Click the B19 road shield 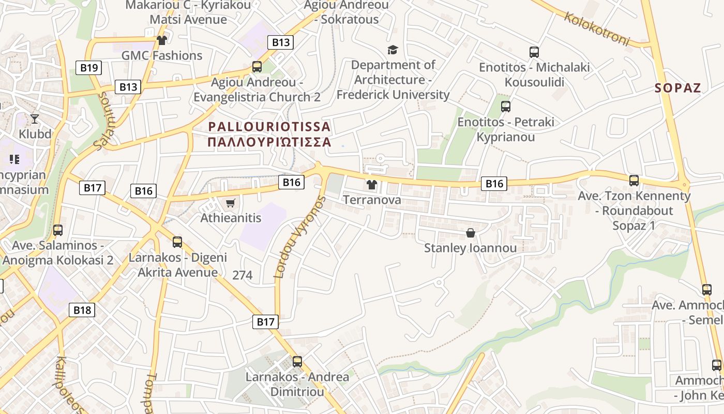[89, 68]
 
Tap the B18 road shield [82, 310]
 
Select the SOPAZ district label [677, 88]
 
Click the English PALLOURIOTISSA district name [269, 127]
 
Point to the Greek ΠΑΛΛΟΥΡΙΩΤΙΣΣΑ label [269, 142]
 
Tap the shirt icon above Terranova [371, 184]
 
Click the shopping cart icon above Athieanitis [230, 203]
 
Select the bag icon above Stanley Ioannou [470, 233]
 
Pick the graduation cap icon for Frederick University [393, 50]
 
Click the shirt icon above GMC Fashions [162, 40]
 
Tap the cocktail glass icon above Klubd [35, 119]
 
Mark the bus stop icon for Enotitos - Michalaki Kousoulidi [534, 52]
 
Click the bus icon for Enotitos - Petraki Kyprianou [506, 107]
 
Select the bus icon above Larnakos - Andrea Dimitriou [297, 362]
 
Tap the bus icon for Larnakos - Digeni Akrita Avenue [177, 242]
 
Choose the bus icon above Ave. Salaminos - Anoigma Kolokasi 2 [58, 230]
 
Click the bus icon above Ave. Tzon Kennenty [634, 181]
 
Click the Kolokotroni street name [597, 28]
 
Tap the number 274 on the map [242, 275]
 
